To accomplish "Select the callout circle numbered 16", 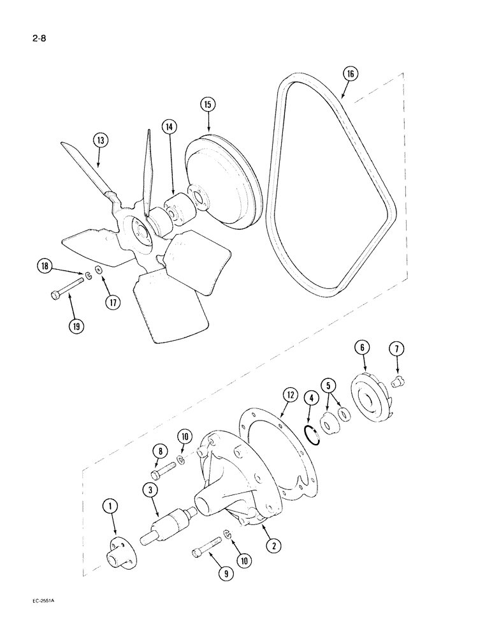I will (x=350, y=74).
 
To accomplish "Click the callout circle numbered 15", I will (x=208, y=105).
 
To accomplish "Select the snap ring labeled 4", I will (x=310, y=433).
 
